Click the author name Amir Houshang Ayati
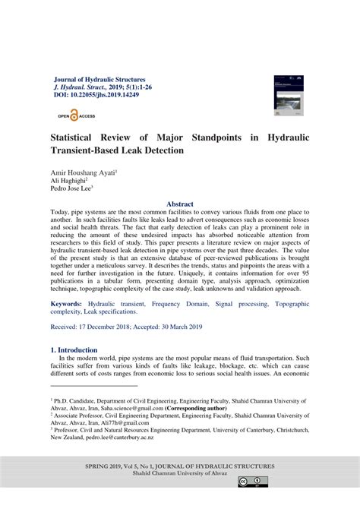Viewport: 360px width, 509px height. (x=83, y=173)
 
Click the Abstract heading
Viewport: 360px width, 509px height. (x=180, y=204)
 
